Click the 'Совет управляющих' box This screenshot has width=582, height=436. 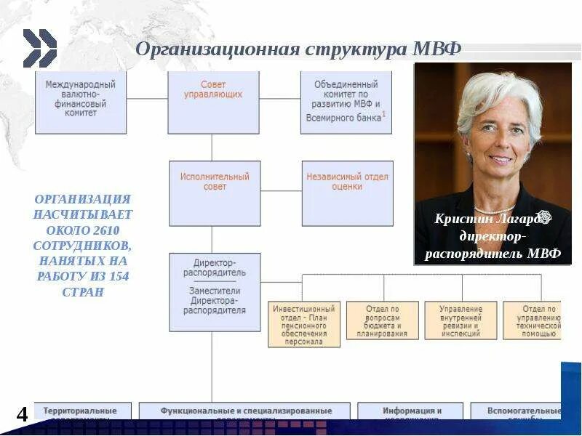[213, 102]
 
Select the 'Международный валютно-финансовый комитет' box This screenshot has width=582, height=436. [81, 102]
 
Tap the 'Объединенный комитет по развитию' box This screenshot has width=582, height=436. [346, 102]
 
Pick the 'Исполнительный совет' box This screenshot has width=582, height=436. [215, 193]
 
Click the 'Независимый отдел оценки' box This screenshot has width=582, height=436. [348, 193]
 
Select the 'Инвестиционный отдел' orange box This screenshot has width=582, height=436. [304, 323]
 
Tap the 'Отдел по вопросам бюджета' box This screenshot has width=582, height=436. [382, 320]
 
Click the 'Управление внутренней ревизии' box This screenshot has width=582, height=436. [461, 320]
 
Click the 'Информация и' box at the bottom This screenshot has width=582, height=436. [412, 411]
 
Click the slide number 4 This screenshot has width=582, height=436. [23, 414]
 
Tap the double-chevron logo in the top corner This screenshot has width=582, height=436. [39, 48]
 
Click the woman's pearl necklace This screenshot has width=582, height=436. [494, 210]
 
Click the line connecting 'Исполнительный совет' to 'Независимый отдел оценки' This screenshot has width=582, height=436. [281, 191]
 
